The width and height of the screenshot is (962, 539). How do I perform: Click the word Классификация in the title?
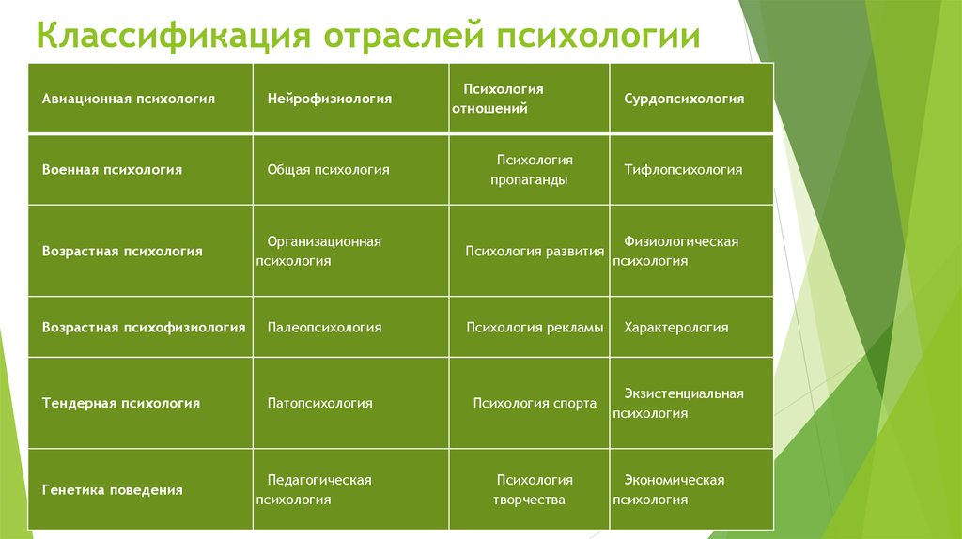click(174, 35)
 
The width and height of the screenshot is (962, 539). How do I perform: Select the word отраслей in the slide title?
click(403, 35)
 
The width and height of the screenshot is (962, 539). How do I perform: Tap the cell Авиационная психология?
click(141, 98)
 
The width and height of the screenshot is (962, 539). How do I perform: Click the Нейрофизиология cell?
click(351, 98)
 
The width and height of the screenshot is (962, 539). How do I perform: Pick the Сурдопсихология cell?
click(691, 98)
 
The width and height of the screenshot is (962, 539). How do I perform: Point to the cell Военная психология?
click(141, 170)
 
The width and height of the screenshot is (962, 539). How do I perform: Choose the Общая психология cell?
click(351, 170)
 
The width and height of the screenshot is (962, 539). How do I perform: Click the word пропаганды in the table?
click(529, 180)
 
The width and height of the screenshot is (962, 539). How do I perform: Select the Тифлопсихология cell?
click(691, 170)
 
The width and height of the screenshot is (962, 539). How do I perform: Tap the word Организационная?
click(324, 241)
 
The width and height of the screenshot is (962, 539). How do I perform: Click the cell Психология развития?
click(530, 251)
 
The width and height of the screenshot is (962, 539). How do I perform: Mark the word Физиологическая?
click(681, 241)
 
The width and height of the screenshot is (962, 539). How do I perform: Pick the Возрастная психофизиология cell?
click(141, 327)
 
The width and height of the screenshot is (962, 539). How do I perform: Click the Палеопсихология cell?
click(351, 327)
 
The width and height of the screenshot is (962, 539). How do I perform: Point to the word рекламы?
click(573, 328)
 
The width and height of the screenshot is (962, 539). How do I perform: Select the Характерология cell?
click(691, 327)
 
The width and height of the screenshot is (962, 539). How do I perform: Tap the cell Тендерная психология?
click(141, 403)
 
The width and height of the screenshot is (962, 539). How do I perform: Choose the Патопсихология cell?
click(351, 403)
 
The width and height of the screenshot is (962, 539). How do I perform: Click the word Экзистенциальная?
click(684, 393)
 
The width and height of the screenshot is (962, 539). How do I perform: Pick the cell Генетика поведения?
click(141, 489)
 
